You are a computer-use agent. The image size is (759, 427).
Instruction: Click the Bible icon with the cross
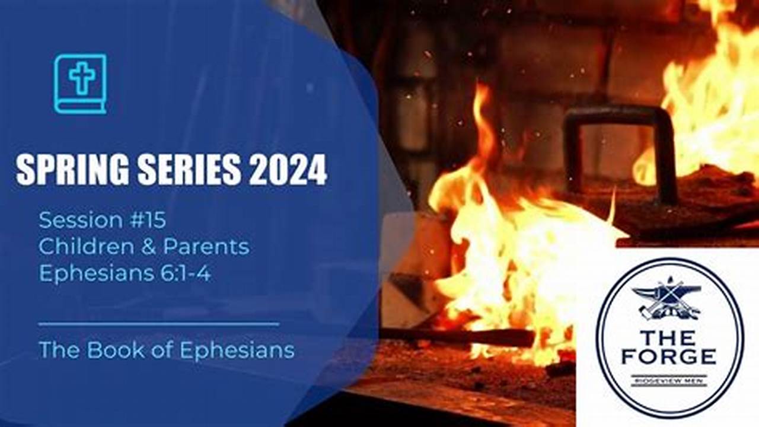coord(80,84)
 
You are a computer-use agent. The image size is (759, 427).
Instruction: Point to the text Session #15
coord(102,220)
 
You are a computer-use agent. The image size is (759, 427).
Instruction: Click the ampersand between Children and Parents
coord(149,247)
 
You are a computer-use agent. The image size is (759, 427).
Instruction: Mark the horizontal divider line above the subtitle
coord(158,324)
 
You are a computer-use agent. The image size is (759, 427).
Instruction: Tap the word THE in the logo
coord(668,338)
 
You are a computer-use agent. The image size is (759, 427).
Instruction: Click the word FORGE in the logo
coord(668,357)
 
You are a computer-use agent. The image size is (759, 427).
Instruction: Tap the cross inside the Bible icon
coord(81,78)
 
